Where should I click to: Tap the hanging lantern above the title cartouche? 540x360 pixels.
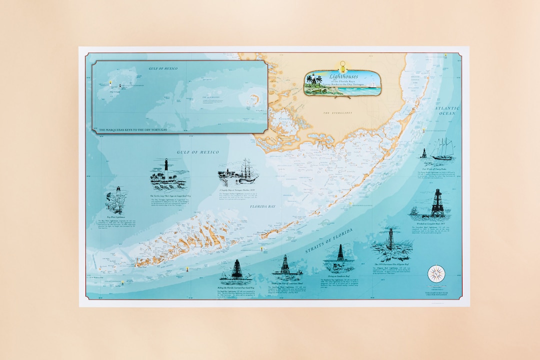pos(342,66)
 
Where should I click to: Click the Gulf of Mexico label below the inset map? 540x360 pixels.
pos(195,151)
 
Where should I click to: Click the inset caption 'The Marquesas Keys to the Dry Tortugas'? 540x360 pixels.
pos(132,129)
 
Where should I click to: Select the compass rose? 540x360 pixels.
pos(436,273)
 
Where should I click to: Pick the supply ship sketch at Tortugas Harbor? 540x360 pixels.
pos(239,171)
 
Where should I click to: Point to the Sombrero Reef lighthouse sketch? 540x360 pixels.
pos(339,258)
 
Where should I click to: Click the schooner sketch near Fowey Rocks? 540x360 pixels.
pos(442,149)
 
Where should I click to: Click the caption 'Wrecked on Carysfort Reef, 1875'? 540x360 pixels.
pos(435,223)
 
